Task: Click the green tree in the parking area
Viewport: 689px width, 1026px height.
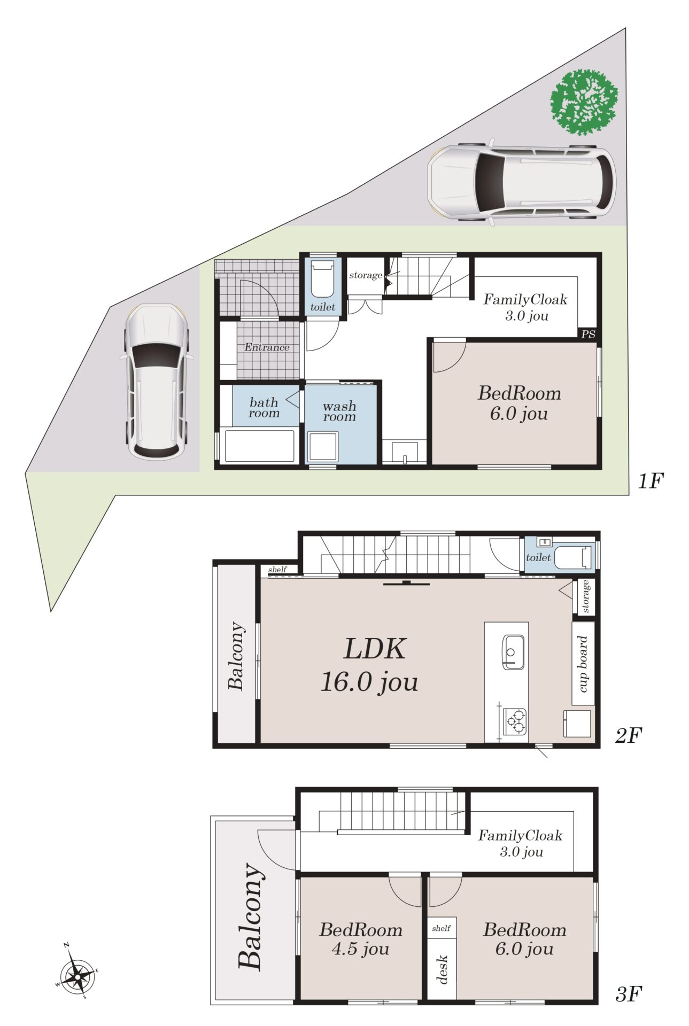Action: [x=584, y=101]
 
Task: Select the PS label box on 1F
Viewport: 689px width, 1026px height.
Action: [x=588, y=334]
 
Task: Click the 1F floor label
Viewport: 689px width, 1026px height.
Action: [x=650, y=481]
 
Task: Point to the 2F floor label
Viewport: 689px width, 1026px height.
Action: [x=628, y=736]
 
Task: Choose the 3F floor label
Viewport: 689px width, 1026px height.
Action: [x=628, y=994]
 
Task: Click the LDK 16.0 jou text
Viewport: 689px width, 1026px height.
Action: [x=370, y=665]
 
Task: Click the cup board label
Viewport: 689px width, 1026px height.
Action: [x=583, y=664]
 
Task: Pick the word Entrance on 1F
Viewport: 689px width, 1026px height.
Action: [x=267, y=347]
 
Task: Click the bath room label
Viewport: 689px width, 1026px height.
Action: [x=264, y=407]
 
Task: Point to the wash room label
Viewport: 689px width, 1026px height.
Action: [x=339, y=411]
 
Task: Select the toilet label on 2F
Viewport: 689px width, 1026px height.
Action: [x=538, y=557]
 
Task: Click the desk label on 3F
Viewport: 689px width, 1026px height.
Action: [x=442, y=970]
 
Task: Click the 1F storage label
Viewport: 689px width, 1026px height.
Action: [x=366, y=275]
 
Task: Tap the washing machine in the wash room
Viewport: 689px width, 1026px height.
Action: [x=323, y=447]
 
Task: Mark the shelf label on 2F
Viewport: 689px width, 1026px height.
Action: [x=277, y=570]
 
